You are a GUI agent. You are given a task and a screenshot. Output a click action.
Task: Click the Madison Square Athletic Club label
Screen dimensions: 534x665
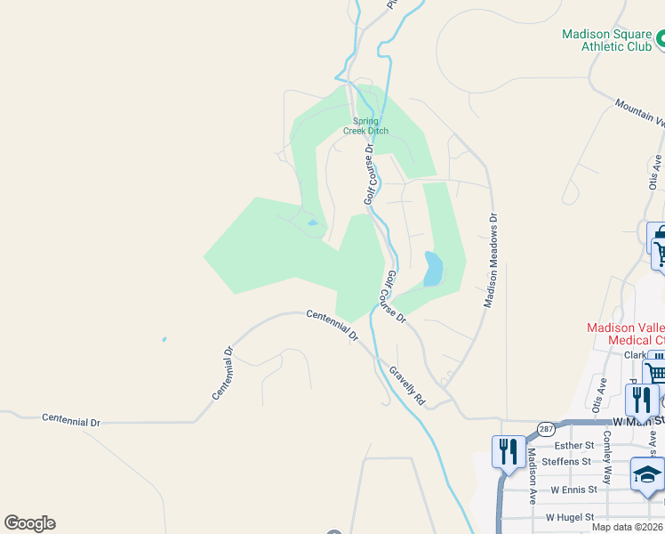pyautogui.click(x=606, y=41)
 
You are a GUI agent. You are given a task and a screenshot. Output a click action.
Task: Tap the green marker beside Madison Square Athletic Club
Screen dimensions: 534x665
pyautogui.click(x=661, y=38)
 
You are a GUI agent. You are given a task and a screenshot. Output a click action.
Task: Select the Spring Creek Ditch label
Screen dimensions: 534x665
pyautogui.click(x=365, y=125)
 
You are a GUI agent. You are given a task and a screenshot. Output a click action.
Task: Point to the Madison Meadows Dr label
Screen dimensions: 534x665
pyautogui.click(x=490, y=260)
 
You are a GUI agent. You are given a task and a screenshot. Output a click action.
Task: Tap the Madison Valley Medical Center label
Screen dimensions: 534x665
pyautogui.click(x=625, y=334)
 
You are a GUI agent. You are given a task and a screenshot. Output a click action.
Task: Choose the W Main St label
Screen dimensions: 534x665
pyautogui.click(x=638, y=422)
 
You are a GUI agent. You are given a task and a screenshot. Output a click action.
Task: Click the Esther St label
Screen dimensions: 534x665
pyautogui.click(x=573, y=445)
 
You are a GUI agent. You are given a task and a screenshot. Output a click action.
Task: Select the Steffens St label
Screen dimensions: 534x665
pyautogui.click(x=566, y=461)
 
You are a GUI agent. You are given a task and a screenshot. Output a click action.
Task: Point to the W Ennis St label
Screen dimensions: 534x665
pyautogui.click(x=572, y=489)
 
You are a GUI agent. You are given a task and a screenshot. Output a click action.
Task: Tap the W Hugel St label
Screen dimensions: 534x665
pyautogui.click(x=569, y=517)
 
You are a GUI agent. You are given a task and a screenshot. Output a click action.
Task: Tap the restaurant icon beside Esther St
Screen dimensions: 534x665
pyautogui.click(x=508, y=450)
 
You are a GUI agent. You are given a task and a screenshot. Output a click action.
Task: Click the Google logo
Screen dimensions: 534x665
pyautogui.click(x=29, y=523)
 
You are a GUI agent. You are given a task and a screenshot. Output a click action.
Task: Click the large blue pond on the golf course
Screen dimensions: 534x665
pyautogui.click(x=432, y=268)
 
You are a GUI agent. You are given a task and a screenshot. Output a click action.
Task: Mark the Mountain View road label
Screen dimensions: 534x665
pyautogui.click(x=640, y=113)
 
